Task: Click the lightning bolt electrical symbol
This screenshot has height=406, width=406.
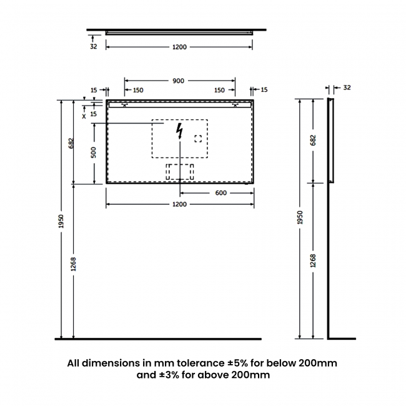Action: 181,131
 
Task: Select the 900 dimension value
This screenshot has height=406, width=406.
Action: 179,81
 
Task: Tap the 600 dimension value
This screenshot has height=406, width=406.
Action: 220,192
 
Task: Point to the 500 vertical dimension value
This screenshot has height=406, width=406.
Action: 94,154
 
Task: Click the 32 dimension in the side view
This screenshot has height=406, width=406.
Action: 347,87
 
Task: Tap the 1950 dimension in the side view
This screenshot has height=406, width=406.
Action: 300,217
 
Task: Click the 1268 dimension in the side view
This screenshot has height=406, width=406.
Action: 314,260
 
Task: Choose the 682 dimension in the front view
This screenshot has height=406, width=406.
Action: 73,143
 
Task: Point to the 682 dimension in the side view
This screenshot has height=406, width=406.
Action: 314,140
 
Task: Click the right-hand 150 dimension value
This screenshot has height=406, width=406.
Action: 219,91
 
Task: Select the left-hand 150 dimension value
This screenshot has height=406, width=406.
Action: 137,91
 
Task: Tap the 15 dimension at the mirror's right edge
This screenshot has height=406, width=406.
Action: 264,91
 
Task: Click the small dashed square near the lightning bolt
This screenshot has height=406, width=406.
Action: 199,139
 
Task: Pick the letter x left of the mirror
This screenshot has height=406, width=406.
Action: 84,115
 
